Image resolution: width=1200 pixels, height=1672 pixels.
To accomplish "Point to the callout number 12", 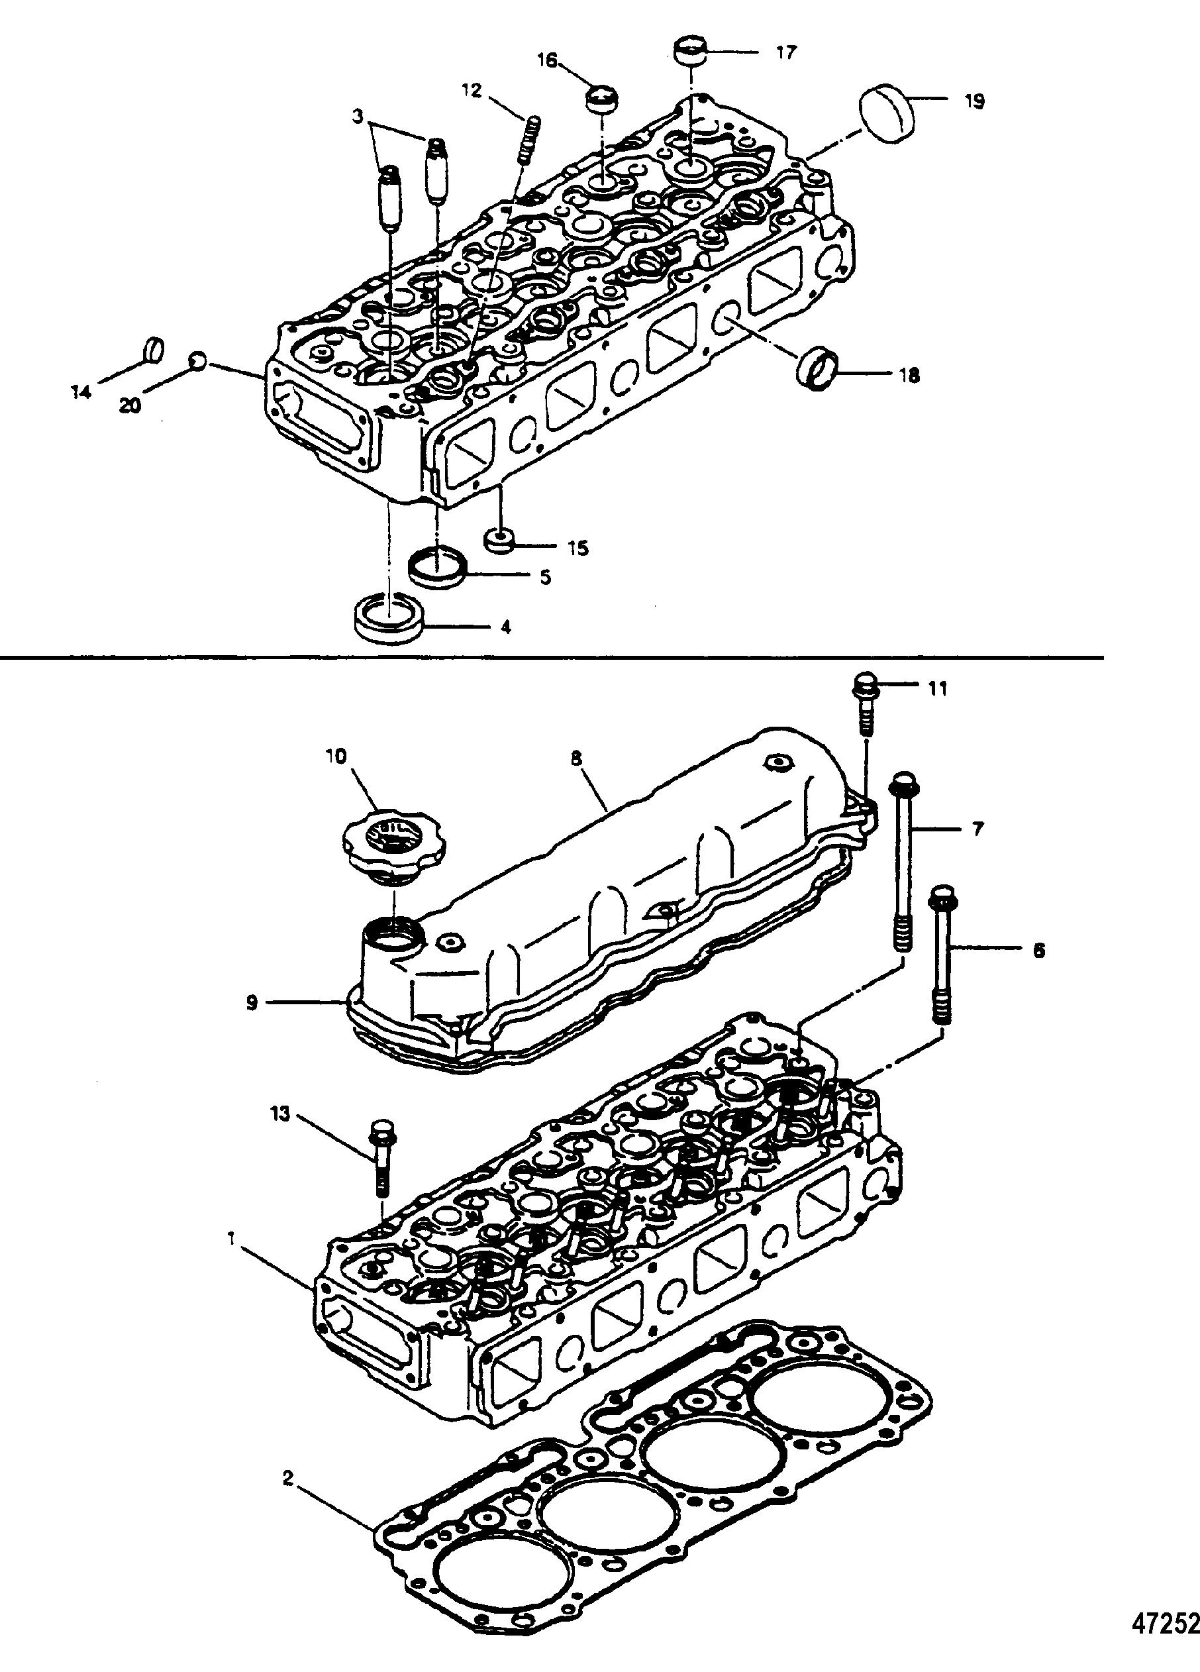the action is [472, 91].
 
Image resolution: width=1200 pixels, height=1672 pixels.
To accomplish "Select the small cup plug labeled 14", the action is [152, 350].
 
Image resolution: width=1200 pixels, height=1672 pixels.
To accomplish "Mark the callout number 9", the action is [252, 1004].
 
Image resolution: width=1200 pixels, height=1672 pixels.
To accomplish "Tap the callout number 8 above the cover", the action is [575, 757].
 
